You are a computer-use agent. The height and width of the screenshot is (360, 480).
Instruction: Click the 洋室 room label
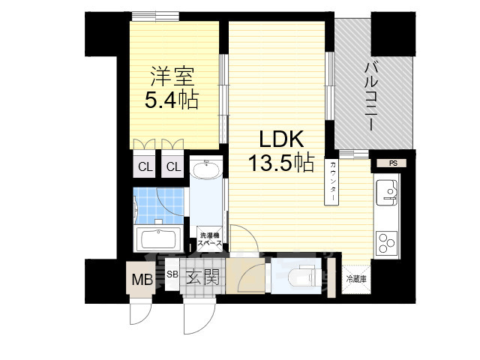click(172, 76)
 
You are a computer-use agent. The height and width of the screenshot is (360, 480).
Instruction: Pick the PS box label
click(392, 163)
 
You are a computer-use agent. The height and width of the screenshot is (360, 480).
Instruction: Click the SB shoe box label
click(172, 274)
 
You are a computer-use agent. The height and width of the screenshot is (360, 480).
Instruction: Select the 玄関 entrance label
click(202, 279)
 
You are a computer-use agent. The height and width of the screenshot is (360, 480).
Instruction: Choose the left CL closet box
click(144, 166)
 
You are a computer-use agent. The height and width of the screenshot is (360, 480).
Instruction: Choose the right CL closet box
click(173, 166)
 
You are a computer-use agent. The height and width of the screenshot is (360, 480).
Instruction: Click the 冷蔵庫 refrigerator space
click(356, 279)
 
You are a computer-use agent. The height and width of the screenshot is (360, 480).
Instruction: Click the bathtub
click(157, 241)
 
